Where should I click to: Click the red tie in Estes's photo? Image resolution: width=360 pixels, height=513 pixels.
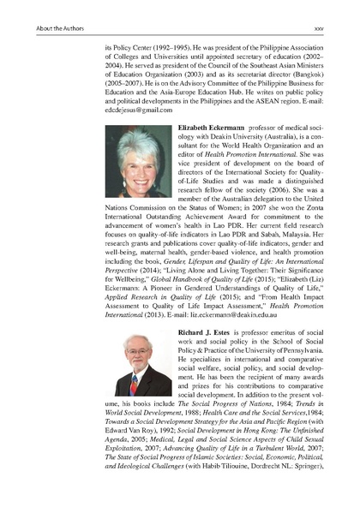pos(134,384)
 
